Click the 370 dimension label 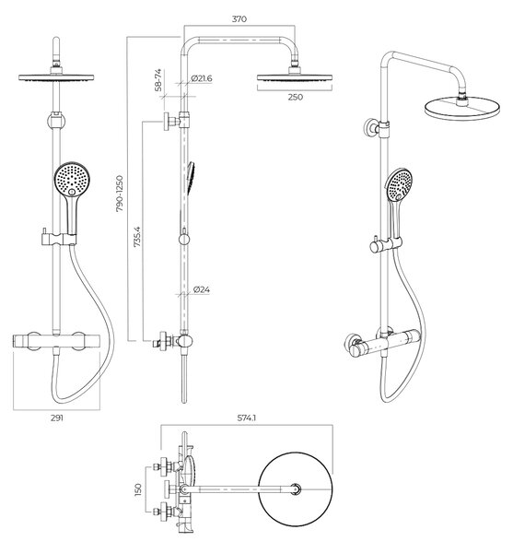pos(239,19)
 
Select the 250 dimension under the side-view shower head pos(296,97)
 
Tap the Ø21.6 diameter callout pos(202,78)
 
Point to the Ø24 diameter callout pos(202,289)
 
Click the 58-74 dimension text pos(158,80)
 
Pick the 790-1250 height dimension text pos(120,194)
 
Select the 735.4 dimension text pos(137,236)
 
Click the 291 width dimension pos(57,418)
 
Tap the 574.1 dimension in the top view pos(247,418)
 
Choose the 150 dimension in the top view pos(138,489)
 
